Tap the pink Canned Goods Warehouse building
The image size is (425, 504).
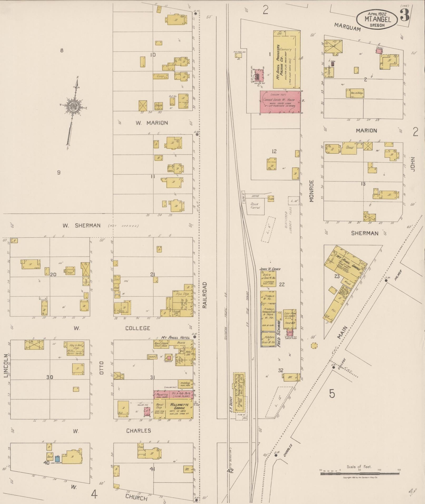tap(280, 102)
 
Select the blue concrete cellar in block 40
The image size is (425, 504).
tap(57, 458)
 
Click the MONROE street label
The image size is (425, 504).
tap(312, 191)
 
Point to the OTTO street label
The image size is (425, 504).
tap(102, 368)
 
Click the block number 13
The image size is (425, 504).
tap(363, 184)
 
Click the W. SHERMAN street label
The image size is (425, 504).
tap(81, 226)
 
